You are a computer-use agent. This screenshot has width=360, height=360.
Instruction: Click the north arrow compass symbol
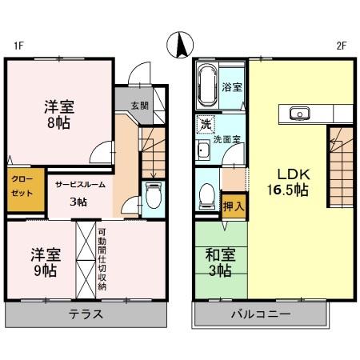[180, 45]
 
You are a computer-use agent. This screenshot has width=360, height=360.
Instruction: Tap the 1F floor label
[17, 46]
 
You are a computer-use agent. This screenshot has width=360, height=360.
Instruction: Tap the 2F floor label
[341, 46]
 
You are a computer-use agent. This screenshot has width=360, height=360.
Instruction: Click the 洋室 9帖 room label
[46, 262]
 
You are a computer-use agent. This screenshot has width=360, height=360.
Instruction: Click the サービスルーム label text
[79, 185]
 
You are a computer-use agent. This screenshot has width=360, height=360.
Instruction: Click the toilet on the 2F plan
[207, 194]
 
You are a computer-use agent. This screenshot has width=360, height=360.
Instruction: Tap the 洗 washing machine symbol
[205, 125]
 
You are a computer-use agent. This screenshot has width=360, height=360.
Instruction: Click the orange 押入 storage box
[234, 206]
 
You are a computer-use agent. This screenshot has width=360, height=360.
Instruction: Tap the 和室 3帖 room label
[219, 262]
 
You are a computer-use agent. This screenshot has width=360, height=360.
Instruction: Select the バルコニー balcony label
[262, 314]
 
